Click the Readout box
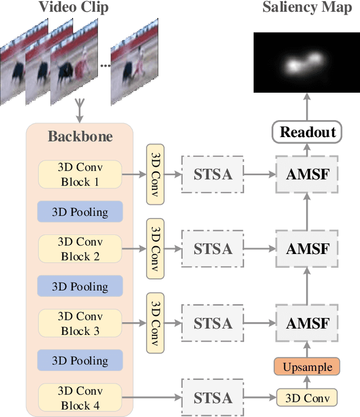(308, 133)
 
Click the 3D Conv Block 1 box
(80, 174)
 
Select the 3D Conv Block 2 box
(80, 249)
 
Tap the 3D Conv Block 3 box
(80, 324)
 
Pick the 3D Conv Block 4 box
(80, 398)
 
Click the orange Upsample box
(308, 368)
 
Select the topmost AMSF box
(308, 174)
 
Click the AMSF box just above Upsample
(308, 323)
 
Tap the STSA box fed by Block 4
(213, 398)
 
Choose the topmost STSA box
(213, 174)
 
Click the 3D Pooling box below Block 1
(80, 212)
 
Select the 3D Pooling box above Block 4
(80, 361)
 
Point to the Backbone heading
(80, 137)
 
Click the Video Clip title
(73, 8)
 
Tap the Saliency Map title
(307, 8)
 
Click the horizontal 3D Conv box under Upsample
(308, 398)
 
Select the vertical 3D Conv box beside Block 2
(155, 248)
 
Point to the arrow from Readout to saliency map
(308, 107)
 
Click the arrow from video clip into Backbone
(79, 111)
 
